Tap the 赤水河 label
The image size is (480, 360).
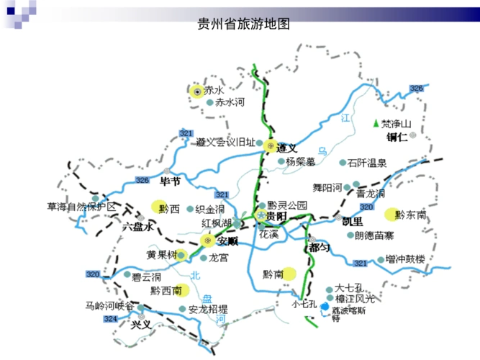tap(230, 103)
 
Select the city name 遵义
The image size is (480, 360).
tap(289, 145)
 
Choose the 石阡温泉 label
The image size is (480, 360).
tap(367, 163)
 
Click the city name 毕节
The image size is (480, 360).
tap(170, 180)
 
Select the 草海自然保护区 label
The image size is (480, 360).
tap(81, 207)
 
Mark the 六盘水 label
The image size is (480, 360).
tap(138, 226)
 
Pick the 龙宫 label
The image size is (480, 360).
tap(218, 257)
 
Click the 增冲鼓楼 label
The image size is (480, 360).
tap(406, 258)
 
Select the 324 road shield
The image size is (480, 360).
tap(110, 318)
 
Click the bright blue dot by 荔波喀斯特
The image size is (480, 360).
tap(325, 307)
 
